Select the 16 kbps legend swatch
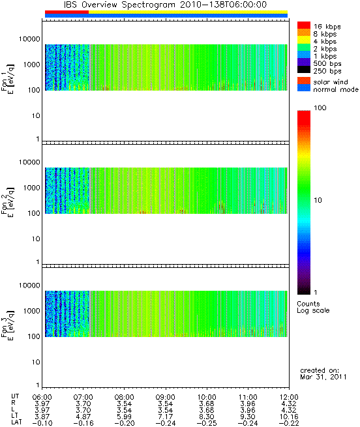[304, 25]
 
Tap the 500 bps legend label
[327, 64]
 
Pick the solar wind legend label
[331, 82]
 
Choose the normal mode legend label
[336, 89]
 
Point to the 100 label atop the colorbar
[320, 108]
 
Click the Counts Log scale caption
[313, 307]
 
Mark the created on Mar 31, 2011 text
[323, 374]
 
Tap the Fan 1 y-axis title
[7, 79]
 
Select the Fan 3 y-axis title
[7, 325]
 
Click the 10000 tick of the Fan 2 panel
[29, 162]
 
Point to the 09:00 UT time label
[166, 397]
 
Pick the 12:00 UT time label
[289, 397]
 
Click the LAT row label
[16, 423]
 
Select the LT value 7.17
[166, 417]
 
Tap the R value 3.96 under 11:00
[248, 404]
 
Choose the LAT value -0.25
[207, 424]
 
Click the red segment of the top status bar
[67, 12]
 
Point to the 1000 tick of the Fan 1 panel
[31, 65]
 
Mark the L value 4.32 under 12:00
[289, 411]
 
